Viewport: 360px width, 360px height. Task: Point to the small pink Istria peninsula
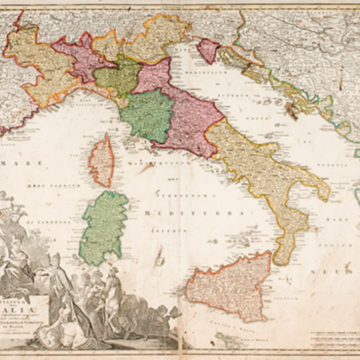[x=208, y=50]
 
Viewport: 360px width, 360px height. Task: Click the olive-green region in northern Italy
[x=118, y=78]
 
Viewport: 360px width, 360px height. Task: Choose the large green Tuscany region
[x=148, y=115]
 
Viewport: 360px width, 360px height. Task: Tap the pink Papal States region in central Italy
[x=184, y=112]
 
